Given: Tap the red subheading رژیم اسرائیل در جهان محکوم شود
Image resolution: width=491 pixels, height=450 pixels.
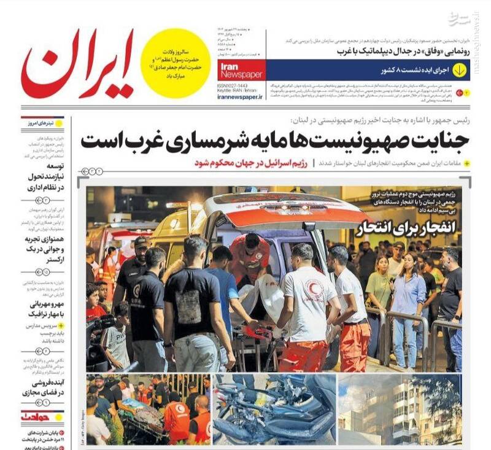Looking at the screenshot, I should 252,163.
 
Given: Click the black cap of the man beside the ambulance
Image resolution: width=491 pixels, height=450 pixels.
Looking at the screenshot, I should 142,241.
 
